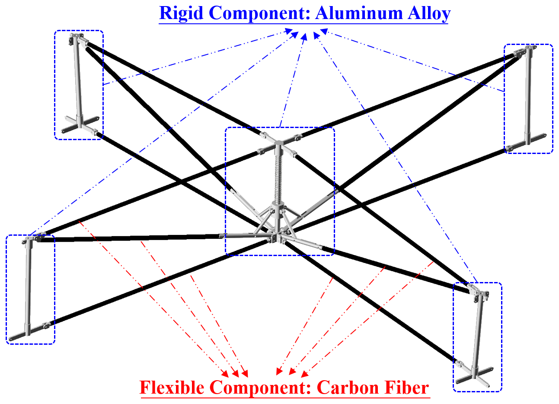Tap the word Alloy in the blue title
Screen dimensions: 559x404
point(429,14)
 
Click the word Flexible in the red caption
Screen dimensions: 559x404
point(172,387)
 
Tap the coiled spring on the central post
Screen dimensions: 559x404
point(278,180)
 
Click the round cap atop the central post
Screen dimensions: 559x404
point(278,143)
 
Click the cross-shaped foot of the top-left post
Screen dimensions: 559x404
point(80,125)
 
